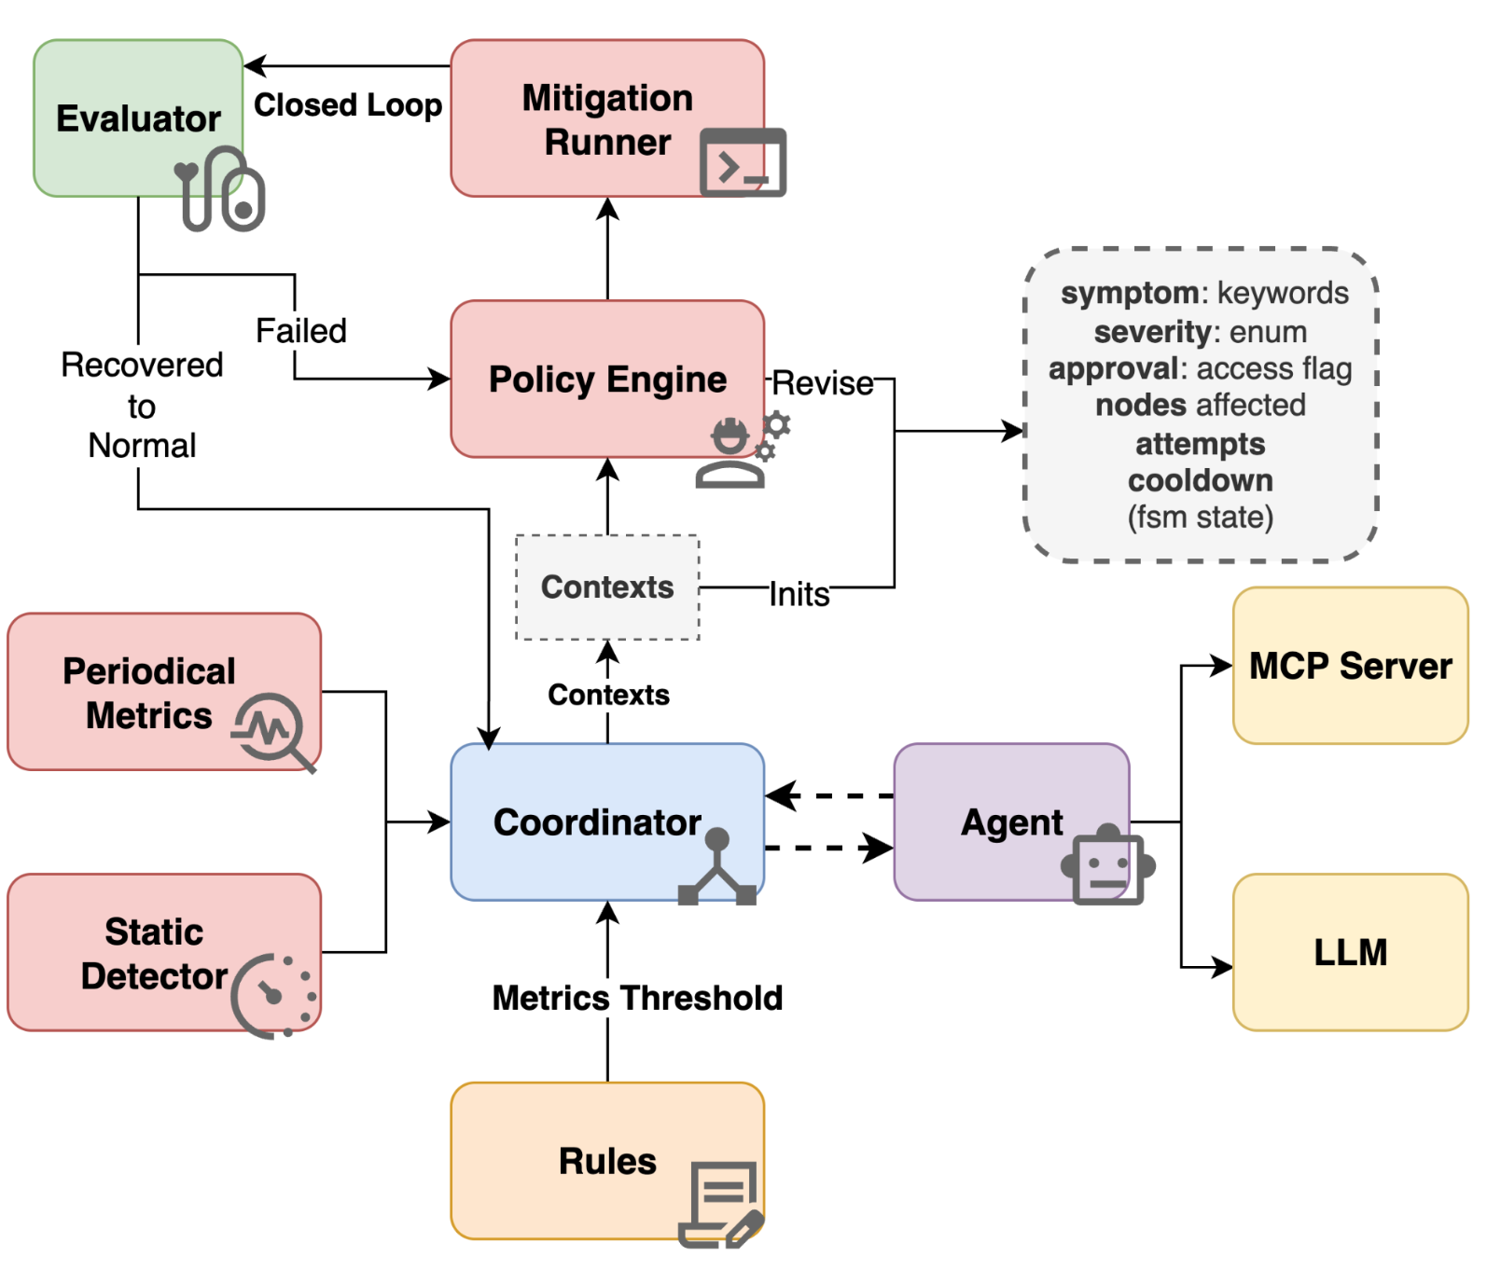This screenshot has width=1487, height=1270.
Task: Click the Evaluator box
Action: point(137,117)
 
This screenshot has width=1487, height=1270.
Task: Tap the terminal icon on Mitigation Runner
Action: point(743,163)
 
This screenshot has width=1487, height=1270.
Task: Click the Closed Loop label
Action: point(348,104)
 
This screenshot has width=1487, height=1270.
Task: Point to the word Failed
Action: point(300,331)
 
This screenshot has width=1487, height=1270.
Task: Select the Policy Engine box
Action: point(606,379)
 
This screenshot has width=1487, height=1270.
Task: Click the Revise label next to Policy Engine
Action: point(822,383)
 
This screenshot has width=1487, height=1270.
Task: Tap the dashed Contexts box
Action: point(607,587)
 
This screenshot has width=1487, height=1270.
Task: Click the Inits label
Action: point(799,594)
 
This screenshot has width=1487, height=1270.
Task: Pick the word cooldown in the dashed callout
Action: point(1200,480)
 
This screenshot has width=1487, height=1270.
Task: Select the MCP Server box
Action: point(1350,666)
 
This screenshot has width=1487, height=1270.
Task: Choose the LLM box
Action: point(1350,952)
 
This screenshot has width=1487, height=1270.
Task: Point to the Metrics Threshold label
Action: point(637,998)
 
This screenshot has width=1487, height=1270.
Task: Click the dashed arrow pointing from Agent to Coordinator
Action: point(828,796)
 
